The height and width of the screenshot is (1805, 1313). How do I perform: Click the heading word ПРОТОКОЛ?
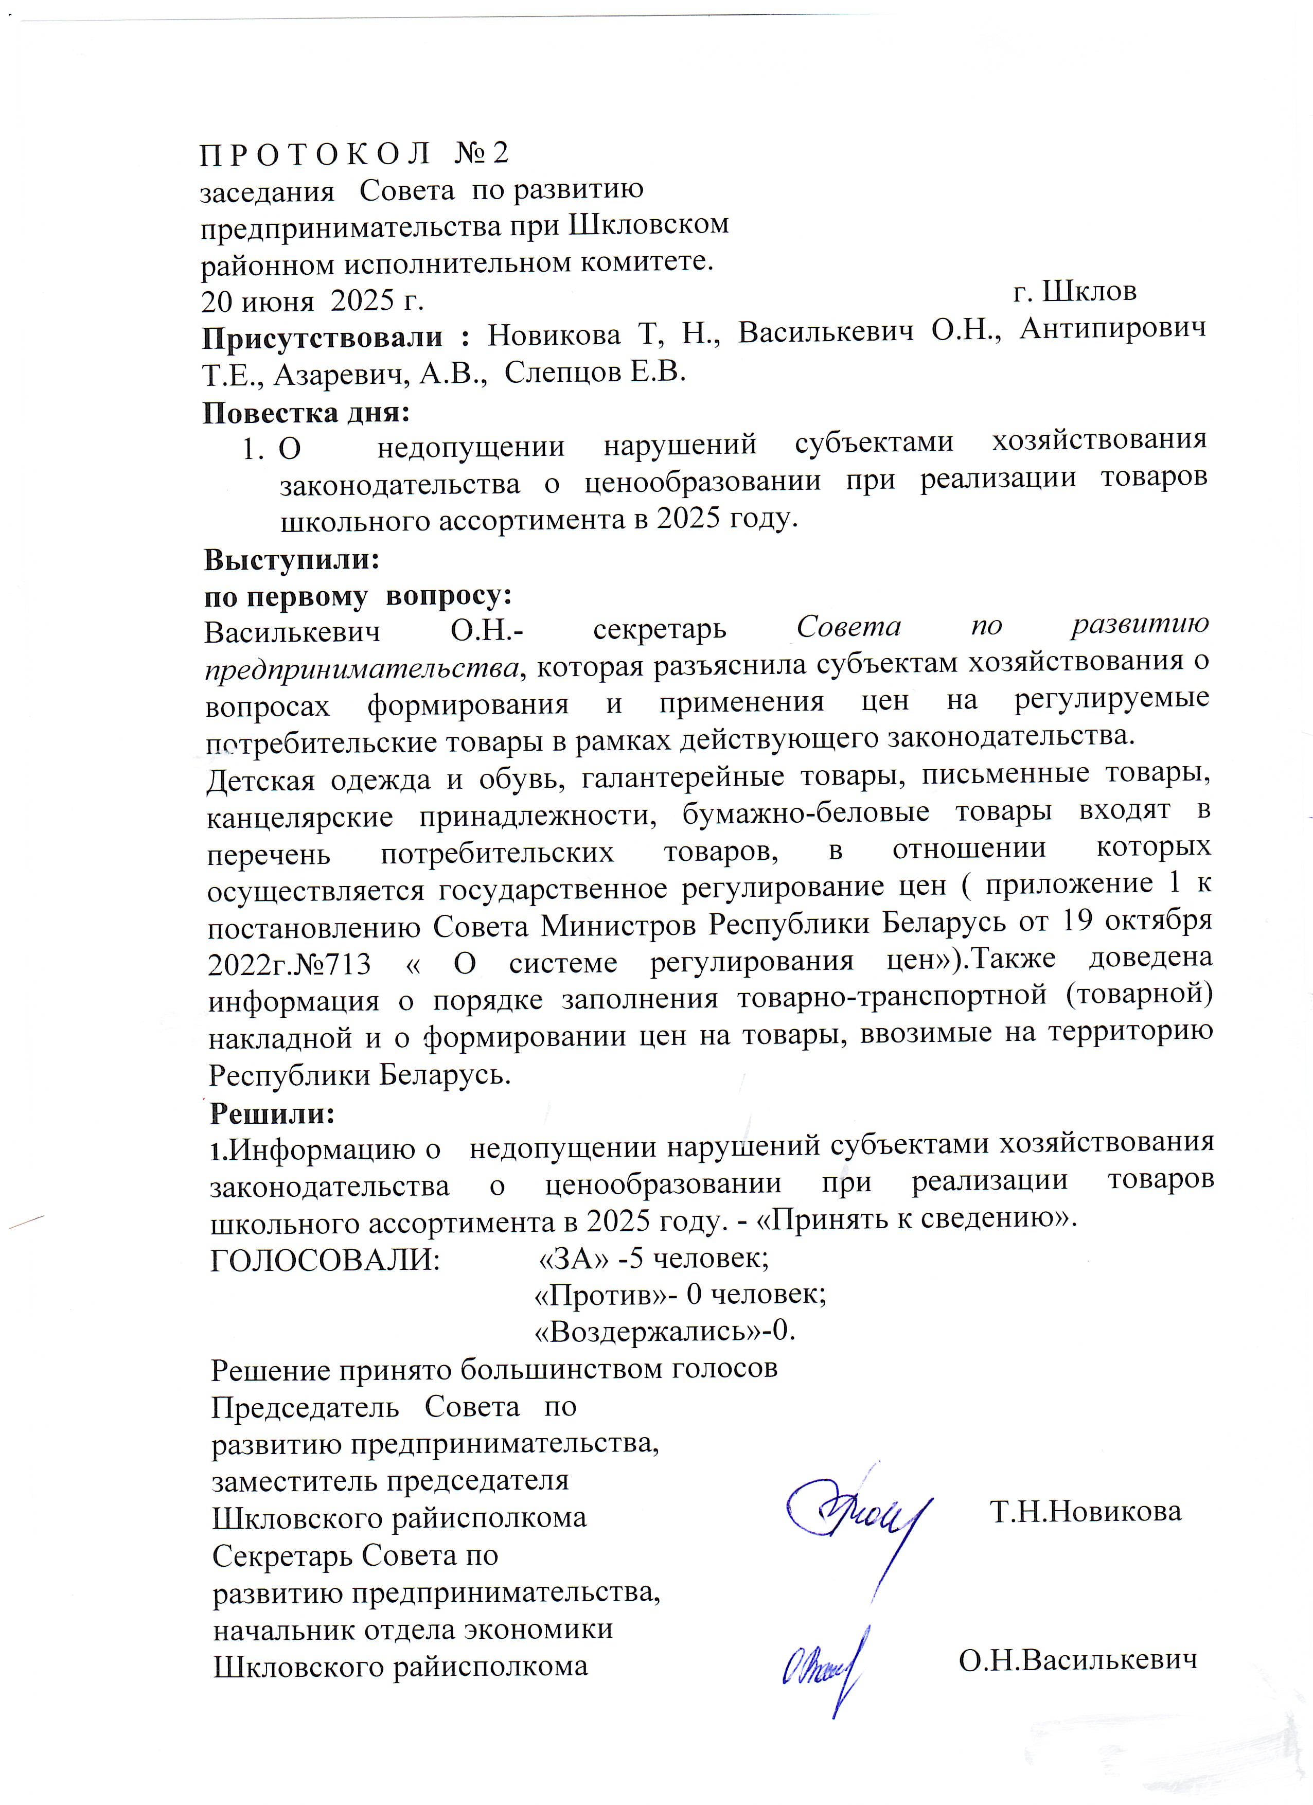(x=315, y=154)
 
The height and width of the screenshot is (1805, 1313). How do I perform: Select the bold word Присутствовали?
(x=322, y=338)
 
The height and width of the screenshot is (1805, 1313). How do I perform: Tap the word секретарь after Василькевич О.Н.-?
(x=660, y=629)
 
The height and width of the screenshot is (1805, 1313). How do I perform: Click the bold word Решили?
(x=272, y=1113)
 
